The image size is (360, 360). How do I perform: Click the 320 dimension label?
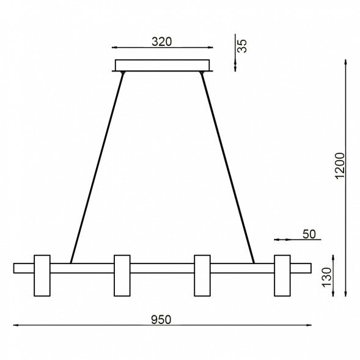pos(161,42)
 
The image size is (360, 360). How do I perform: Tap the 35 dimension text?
pos(243,46)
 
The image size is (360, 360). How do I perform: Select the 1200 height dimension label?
pos(340,166)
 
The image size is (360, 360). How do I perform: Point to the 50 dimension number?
pos(308,233)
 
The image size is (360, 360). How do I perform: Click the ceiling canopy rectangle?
pos(162,65)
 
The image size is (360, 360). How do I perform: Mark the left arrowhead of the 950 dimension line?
pos(16,325)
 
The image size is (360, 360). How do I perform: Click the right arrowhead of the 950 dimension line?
pos(309,325)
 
